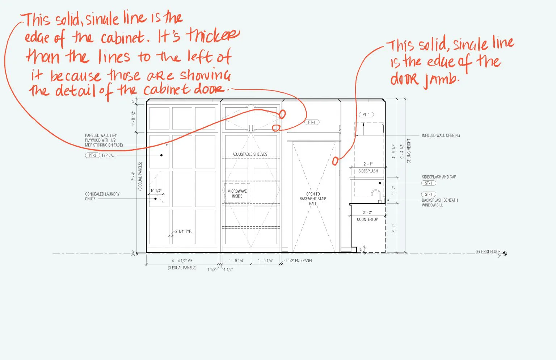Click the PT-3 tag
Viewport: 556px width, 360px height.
tap(93, 155)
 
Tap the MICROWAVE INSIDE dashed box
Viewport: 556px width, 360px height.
tap(237, 194)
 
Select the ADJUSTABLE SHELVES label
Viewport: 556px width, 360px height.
tap(250, 154)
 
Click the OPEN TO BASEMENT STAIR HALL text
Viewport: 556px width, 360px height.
tap(313, 199)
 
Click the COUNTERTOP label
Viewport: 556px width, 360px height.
tap(367, 219)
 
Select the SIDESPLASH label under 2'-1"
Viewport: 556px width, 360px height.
tap(368, 171)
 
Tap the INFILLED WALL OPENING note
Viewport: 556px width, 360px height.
tap(441, 135)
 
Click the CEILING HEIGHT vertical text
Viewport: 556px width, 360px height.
tap(409, 151)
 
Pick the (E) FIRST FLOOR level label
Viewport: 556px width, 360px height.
tap(488, 252)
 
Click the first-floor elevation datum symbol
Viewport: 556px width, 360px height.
tap(505, 254)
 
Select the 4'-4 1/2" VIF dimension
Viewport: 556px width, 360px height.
tap(182, 261)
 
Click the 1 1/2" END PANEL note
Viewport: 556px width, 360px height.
tap(299, 261)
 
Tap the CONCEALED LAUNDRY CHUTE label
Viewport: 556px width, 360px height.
tap(102, 196)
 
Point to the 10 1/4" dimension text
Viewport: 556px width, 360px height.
tap(156, 191)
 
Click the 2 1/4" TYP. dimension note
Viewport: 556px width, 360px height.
tap(184, 231)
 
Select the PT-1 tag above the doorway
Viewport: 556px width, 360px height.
tap(311, 122)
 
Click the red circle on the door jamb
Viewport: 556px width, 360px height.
tap(335, 160)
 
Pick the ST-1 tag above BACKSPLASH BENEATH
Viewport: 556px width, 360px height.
tap(429, 194)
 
